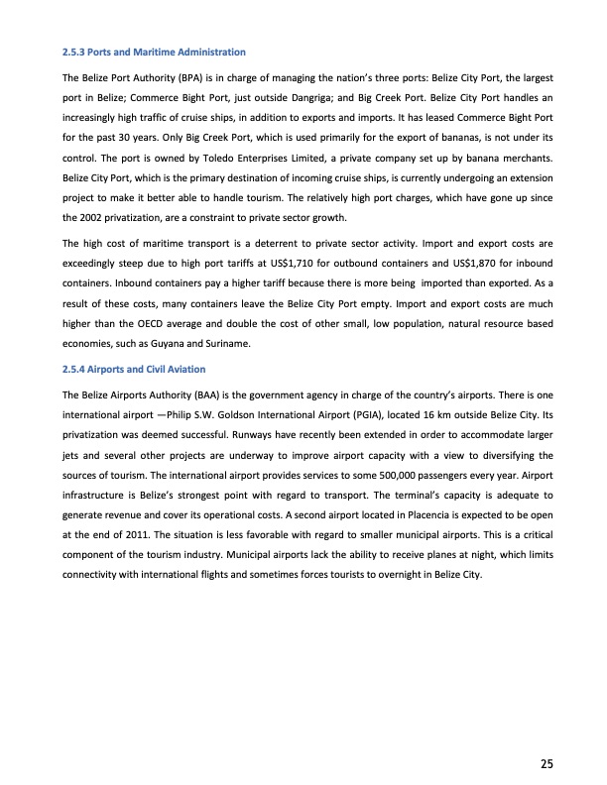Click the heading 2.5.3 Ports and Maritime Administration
coord(154,51)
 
